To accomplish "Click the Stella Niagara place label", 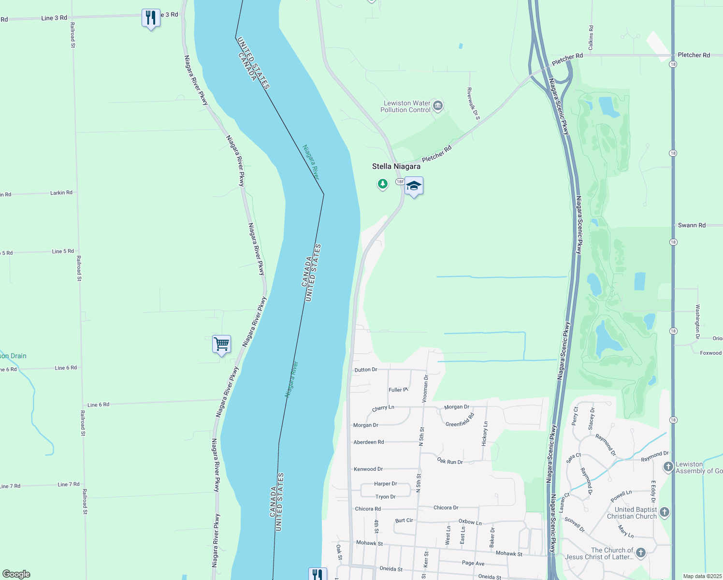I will click(x=396, y=166).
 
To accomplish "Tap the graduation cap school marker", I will click(x=414, y=186).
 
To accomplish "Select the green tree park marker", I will click(x=383, y=184).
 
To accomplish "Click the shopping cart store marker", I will click(x=221, y=344).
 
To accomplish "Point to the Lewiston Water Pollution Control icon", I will click(x=438, y=105).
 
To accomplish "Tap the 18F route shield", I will click(x=400, y=182).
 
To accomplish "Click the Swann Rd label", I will click(x=691, y=225).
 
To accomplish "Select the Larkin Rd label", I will click(x=61, y=193).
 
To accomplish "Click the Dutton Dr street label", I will click(x=365, y=370).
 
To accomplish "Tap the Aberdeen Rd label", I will click(x=368, y=442).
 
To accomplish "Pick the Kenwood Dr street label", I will click(x=368, y=469).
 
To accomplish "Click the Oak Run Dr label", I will click(x=450, y=461).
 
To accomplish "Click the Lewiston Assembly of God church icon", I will click(x=668, y=466).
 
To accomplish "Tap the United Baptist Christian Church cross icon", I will click(x=665, y=512).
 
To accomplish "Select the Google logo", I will click(x=16, y=574).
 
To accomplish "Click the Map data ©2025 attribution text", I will click(x=702, y=576).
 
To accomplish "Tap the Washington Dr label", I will click(x=697, y=321).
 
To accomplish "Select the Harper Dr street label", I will click(x=385, y=484).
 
